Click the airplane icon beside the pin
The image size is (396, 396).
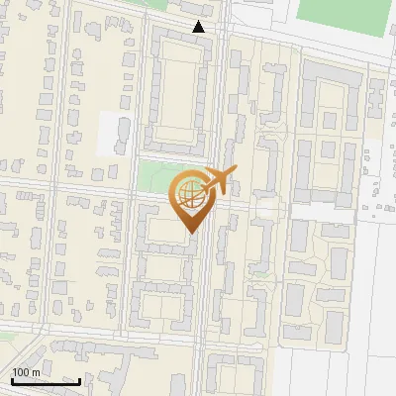coord(219,181)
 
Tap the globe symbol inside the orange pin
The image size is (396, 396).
coord(190,196)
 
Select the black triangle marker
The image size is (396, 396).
coord(199,27)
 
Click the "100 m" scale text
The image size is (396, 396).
coord(27,371)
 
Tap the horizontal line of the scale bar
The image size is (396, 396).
coord(46,381)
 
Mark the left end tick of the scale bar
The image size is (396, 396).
coord(12,379)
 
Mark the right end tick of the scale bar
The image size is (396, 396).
coord(80,379)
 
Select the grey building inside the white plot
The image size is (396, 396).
coord(122,134)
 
